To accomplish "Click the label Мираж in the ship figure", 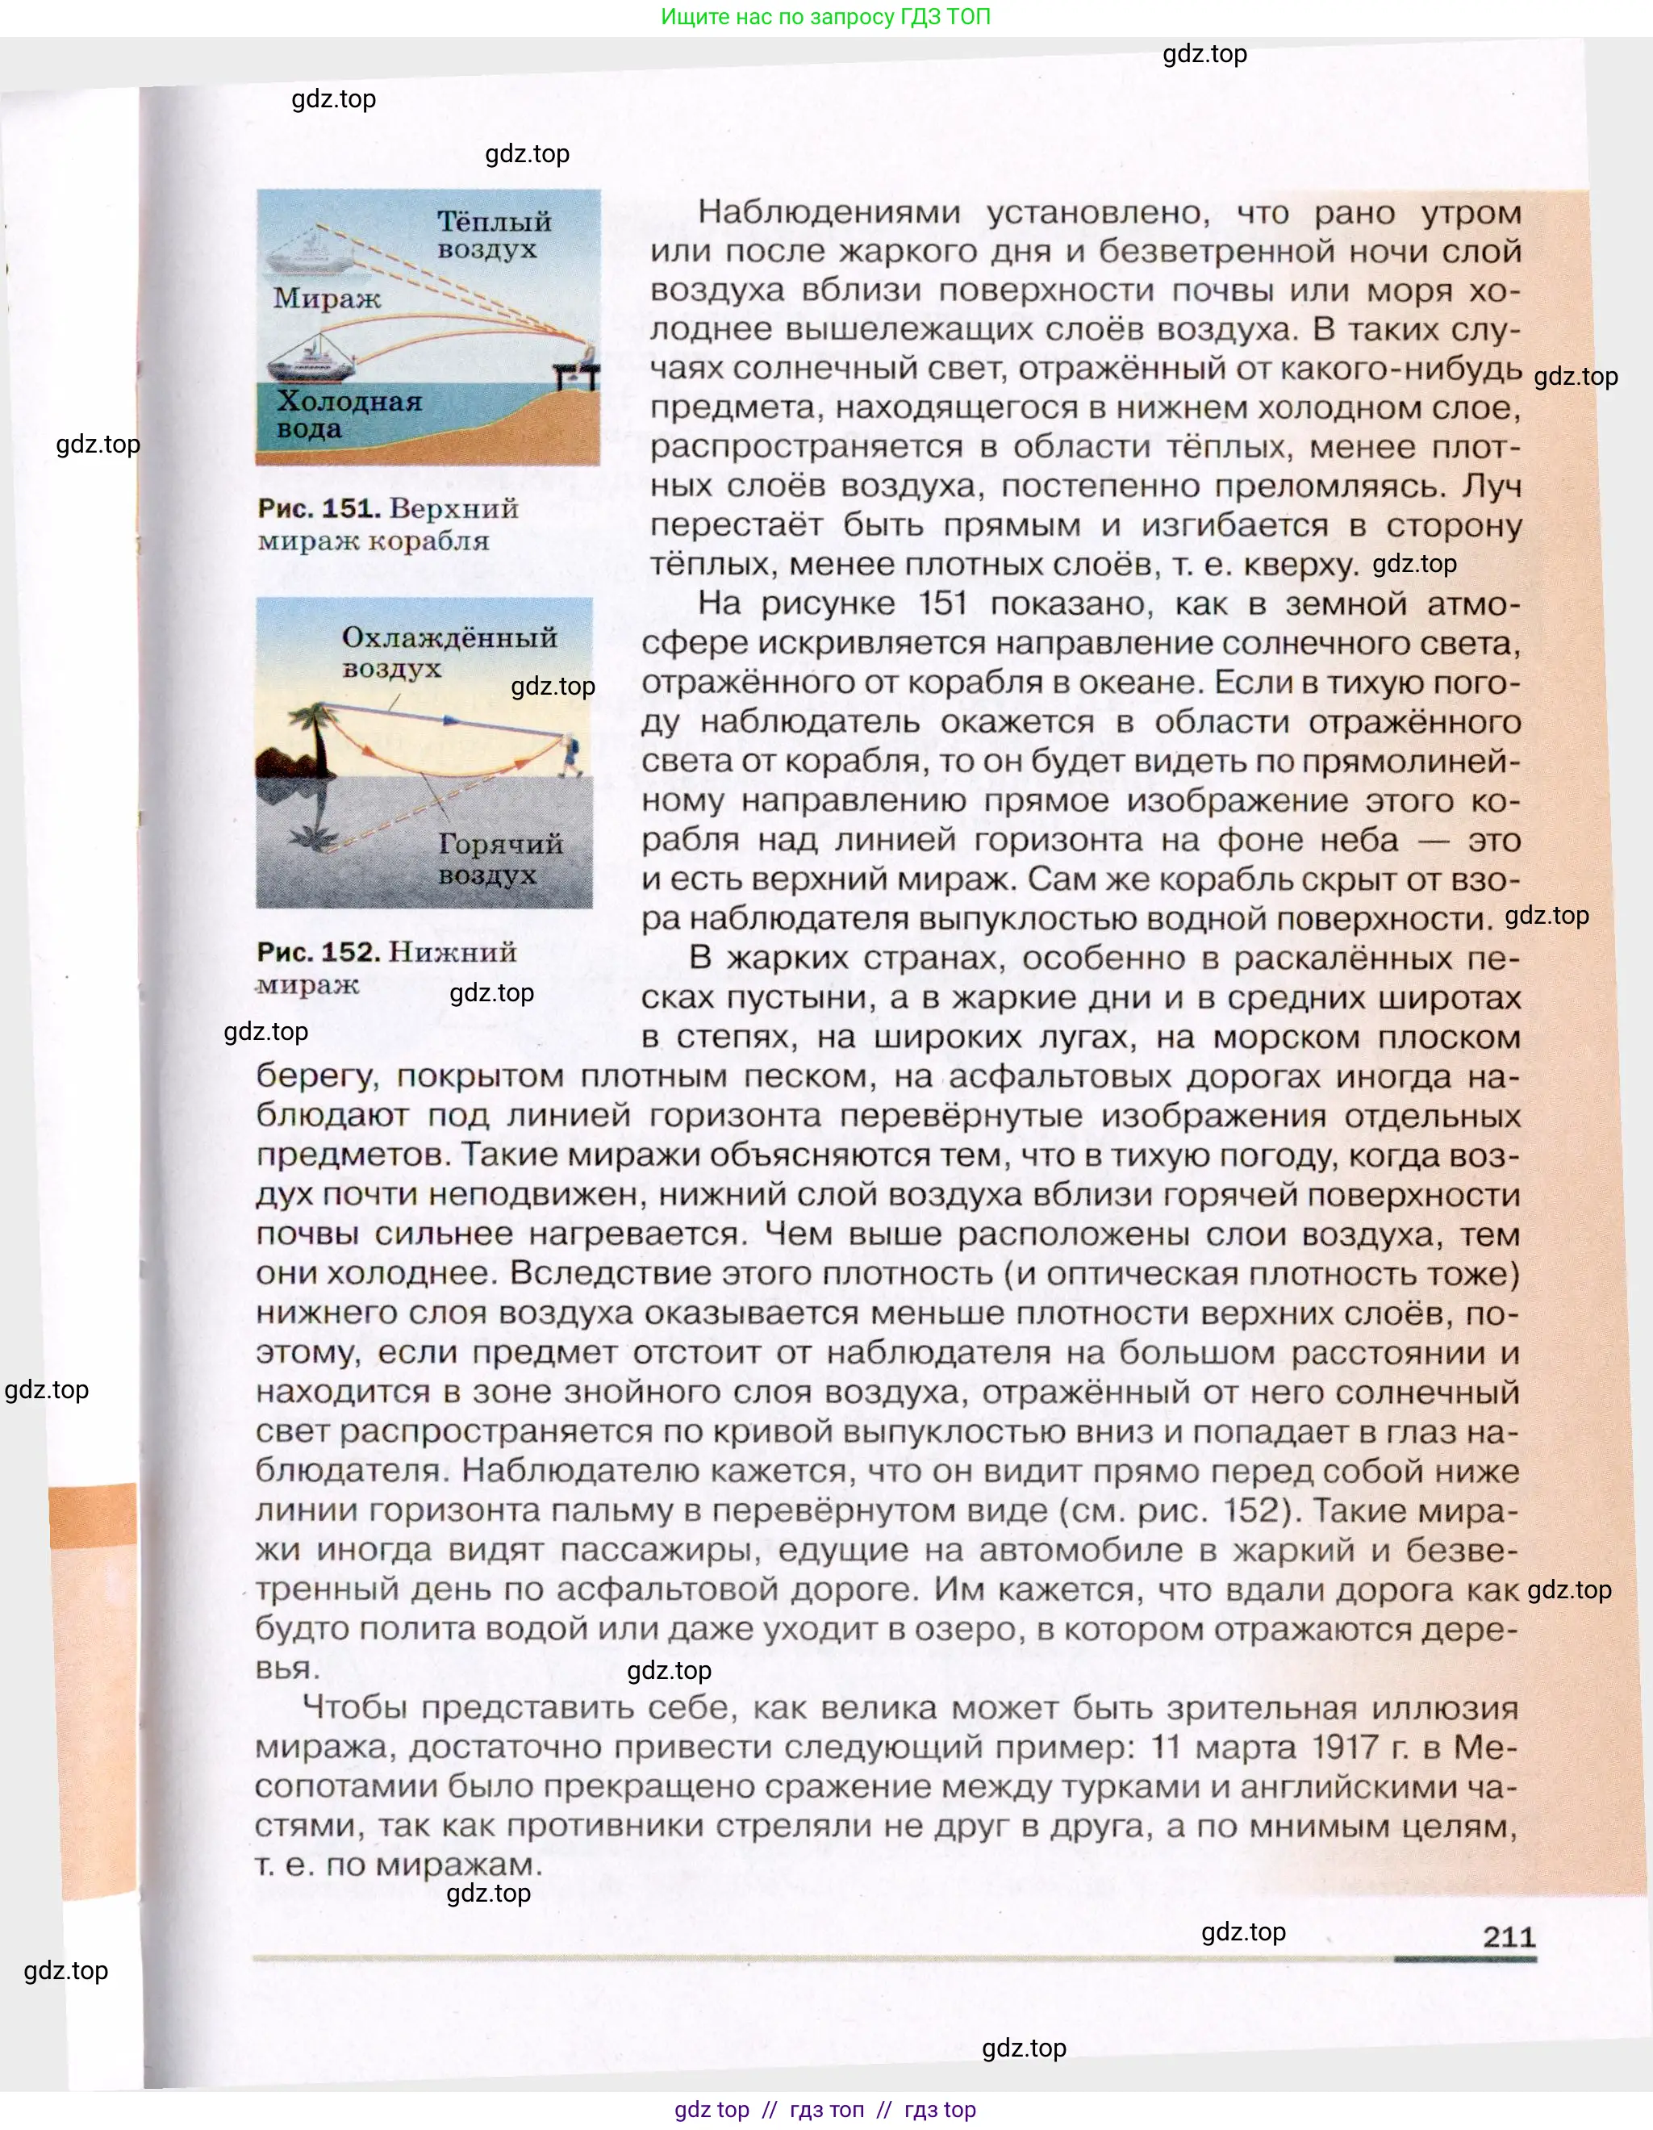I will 326,298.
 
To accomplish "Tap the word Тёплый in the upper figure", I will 494,221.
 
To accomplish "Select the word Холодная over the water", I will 349,401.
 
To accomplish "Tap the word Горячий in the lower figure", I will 500,844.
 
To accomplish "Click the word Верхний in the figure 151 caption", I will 453,508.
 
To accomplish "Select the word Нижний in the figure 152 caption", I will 453,952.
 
